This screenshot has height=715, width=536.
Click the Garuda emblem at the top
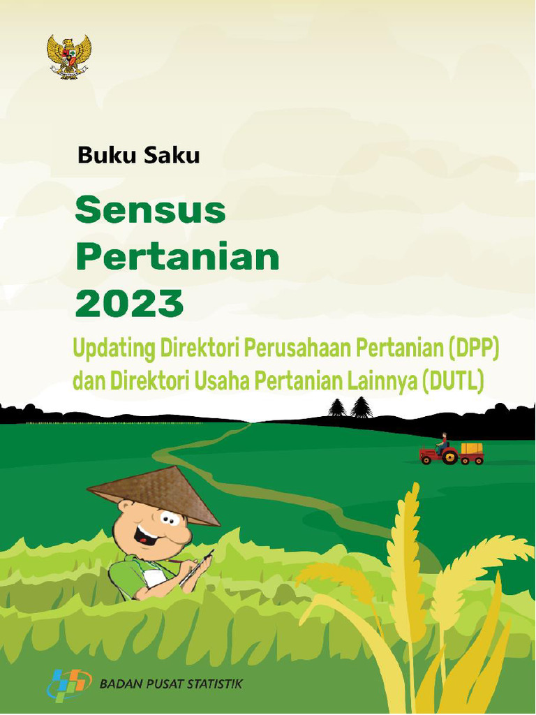(69, 57)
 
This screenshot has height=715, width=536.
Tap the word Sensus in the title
(150, 210)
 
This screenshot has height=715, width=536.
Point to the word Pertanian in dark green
(177, 258)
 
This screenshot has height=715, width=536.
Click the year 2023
(129, 304)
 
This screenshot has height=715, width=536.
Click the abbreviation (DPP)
(475, 346)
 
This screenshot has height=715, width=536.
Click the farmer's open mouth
(147, 537)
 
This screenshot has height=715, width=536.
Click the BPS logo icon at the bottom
(70, 685)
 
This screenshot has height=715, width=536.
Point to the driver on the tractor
(442, 443)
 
